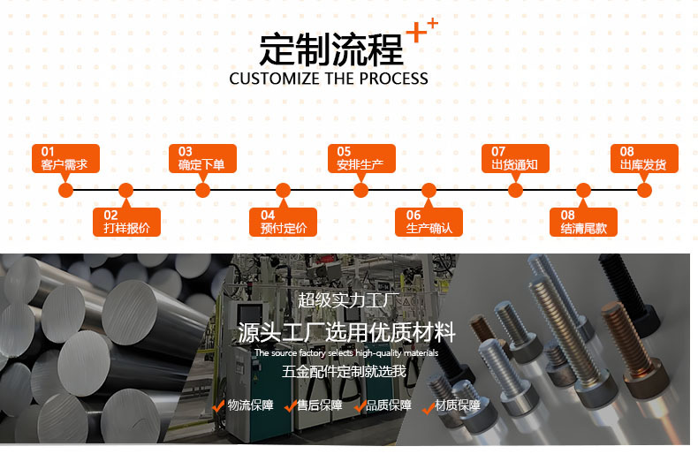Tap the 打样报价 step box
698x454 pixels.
click(x=127, y=222)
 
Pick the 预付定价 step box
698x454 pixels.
click(x=283, y=222)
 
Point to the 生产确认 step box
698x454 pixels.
click(x=429, y=222)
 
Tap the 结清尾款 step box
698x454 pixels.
click(x=583, y=222)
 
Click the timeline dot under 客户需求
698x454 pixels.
click(x=64, y=190)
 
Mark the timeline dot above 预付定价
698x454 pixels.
click(x=283, y=190)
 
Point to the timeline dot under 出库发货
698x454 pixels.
click(x=644, y=190)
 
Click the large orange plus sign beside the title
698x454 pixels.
click(x=414, y=33)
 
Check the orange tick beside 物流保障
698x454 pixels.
click(x=218, y=406)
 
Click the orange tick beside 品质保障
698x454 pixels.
click(x=360, y=406)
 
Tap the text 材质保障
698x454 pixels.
click(x=458, y=405)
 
